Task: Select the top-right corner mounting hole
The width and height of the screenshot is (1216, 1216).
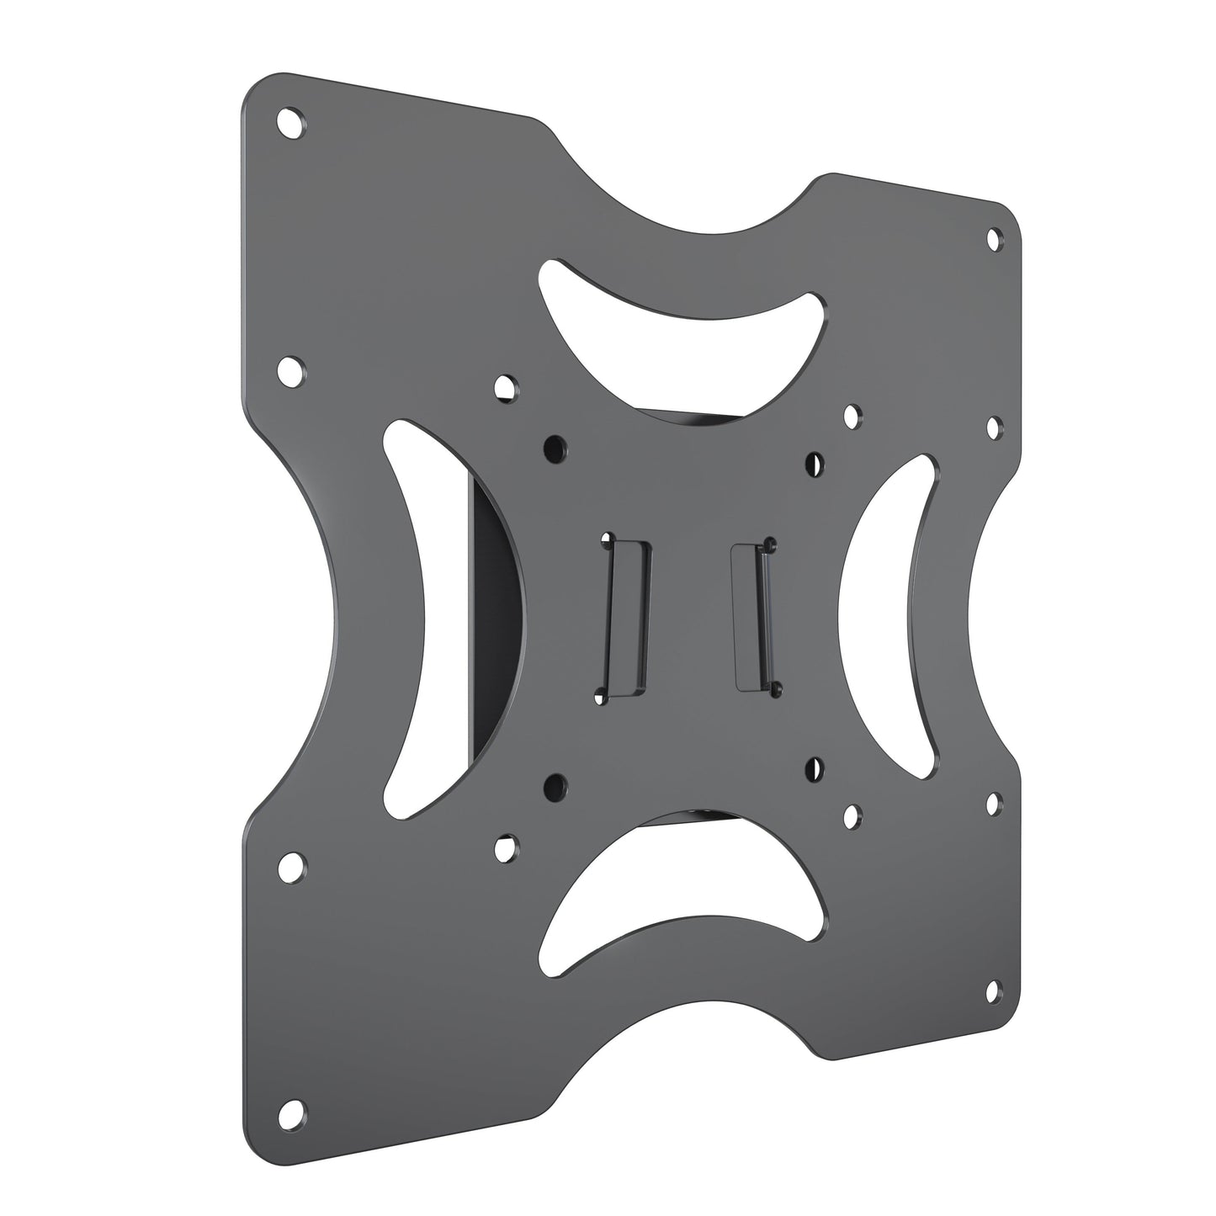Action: coord(995,239)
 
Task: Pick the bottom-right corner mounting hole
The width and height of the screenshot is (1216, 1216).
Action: coord(993,988)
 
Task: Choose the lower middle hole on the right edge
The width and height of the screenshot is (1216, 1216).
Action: coord(993,800)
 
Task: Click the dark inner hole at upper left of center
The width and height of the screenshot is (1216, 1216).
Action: coord(554,443)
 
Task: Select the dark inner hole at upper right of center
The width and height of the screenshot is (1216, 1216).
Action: coord(814,461)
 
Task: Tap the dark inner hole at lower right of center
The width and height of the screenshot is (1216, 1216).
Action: coord(814,767)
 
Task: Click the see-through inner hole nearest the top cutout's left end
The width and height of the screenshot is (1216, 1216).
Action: coord(505,387)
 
